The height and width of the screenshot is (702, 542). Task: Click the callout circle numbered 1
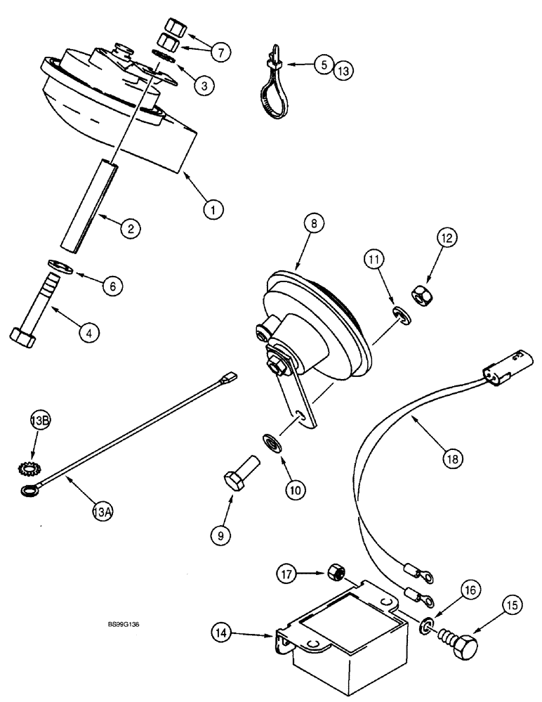click(214, 208)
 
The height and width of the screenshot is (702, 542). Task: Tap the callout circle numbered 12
click(447, 239)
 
